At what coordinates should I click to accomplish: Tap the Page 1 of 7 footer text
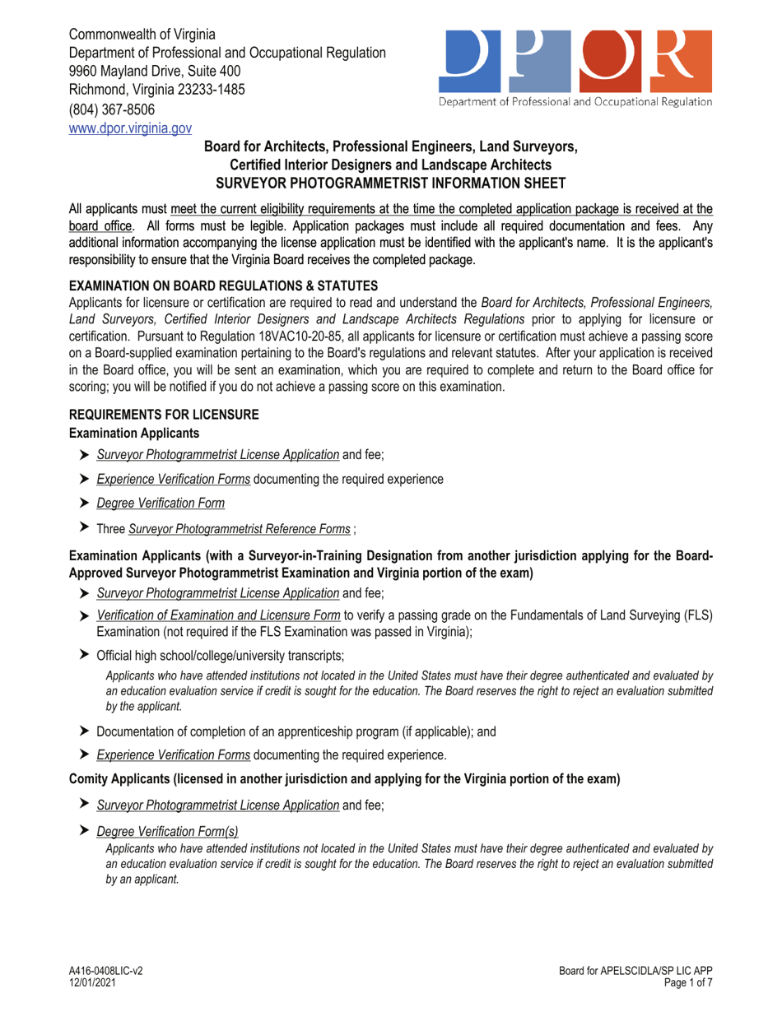pos(686,982)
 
